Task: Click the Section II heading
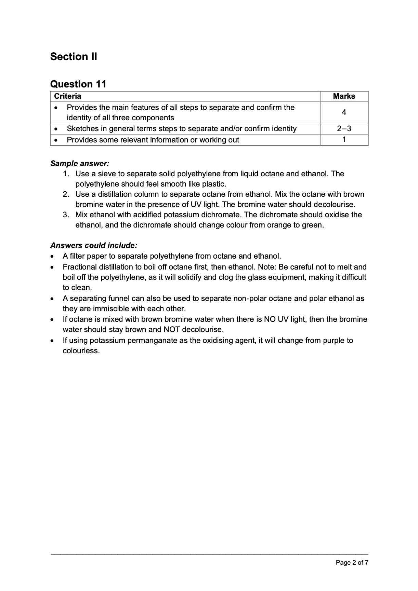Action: click(74, 56)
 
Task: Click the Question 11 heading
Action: click(78, 84)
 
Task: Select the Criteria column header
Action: click(68, 96)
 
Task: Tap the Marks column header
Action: click(344, 96)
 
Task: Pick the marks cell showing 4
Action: click(344, 112)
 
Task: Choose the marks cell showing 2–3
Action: click(344, 128)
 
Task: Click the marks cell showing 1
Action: click(344, 139)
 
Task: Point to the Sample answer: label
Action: click(80, 163)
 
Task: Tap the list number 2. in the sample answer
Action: click(66, 194)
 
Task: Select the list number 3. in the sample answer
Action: click(66, 215)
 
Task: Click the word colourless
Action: click(81, 351)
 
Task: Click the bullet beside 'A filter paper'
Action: click(52, 256)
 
